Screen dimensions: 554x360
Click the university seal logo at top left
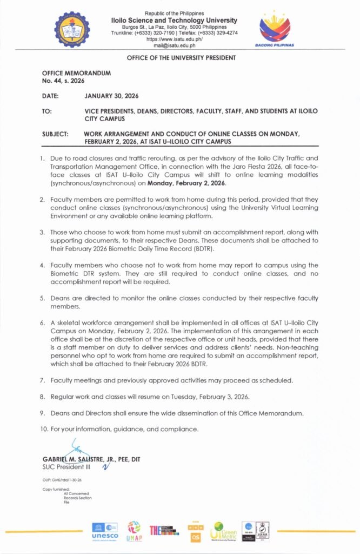pos(76,29)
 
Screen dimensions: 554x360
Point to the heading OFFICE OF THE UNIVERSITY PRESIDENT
pos(181,57)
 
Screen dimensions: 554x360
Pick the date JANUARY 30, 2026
pos(112,96)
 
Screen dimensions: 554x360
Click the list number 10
pos(45,430)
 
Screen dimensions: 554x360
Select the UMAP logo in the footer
pos(134,531)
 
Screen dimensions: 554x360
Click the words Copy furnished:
pos(53,489)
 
